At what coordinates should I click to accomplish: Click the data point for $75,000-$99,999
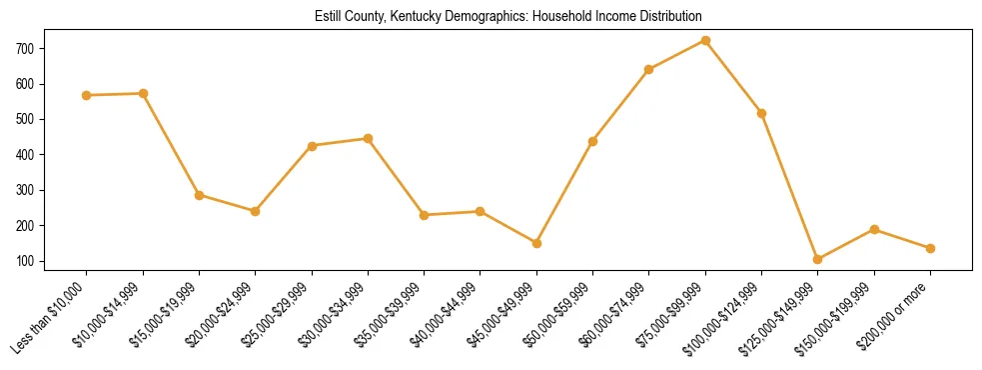coord(705,40)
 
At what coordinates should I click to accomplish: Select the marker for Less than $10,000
coord(87,95)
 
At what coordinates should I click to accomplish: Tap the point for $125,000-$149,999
coord(818,259)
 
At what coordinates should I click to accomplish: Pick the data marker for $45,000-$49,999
coord(536,243)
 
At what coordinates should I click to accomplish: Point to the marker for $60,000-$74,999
coord(649,69)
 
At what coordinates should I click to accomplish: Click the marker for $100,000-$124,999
coord(762,113)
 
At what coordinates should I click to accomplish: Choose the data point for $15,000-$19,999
coord(200,195)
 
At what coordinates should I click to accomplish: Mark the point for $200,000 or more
coord(930,248)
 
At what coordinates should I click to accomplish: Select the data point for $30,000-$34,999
coord(369,138)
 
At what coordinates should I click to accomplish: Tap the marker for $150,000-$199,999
coord(874,229)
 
